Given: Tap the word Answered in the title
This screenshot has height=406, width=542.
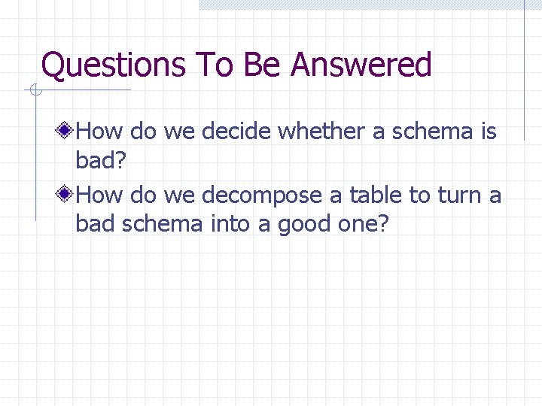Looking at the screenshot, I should pyautogui.click(x=361, y=65).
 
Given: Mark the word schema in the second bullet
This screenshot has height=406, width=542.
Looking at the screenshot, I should pyautogui.click(x=163, y=224).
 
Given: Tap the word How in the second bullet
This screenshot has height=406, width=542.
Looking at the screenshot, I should pyautogui.click(x=100, y=195).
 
